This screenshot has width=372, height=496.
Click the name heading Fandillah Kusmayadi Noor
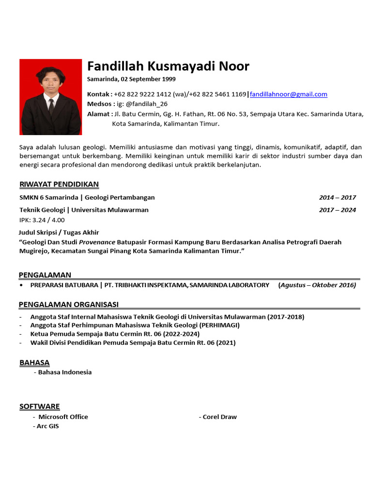coord(168,66)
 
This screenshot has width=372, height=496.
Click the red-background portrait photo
coord(50,97)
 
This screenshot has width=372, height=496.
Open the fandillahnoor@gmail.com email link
coord(288,94)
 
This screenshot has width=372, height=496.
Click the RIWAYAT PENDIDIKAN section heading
coord(59,184)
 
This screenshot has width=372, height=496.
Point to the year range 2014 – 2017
coord(337,197)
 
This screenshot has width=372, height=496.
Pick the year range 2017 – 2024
coord(337,210)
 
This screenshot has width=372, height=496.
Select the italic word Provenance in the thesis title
coord(97,242)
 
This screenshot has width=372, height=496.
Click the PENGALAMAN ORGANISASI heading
coord(69,304)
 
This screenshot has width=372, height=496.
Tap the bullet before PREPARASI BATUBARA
coord(22,285)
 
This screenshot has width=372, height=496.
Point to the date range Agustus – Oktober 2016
coord(318,285)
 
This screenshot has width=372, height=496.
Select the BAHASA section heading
coord(34,362)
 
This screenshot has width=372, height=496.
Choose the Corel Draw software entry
coord(219,417)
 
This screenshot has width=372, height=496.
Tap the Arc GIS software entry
coord(47,426)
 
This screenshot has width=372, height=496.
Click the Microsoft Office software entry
coord(63,417)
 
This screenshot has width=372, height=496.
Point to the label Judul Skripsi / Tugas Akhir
coord(59,232)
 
